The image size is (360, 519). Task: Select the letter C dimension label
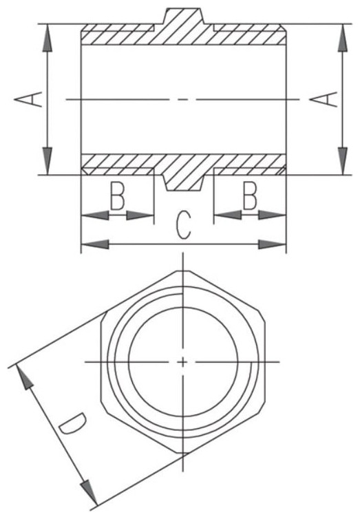tap(184, 225)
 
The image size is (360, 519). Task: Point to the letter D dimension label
tap(73, 424)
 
